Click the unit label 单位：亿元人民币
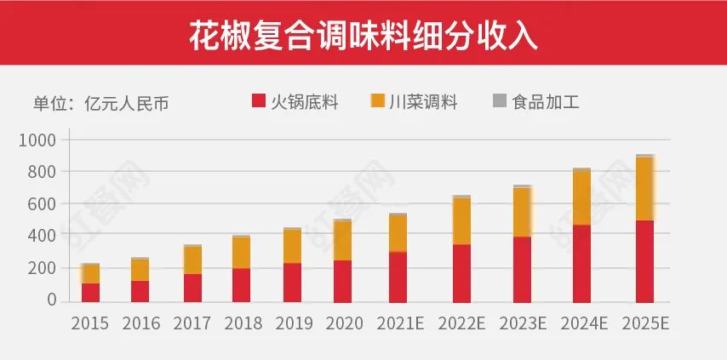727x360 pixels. pyautogui.click(x=100, y=104)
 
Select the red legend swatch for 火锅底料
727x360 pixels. pyautogui.click(x=260, y=102)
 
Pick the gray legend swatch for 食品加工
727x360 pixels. pyautogui.click(x=500, y=101)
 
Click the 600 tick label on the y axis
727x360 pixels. pyautogui.click(x=42, y=204)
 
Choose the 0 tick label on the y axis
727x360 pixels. pyautogui.click(x=52, y=300)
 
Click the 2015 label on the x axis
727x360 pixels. pyautogui.click(x=90, y=324)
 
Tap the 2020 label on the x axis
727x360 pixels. pyautogui.click(x=343, y=324)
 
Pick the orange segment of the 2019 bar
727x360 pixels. pyautogui.click(x=292, y=246)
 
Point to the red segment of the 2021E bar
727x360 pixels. pyautogui.click(x=398, y=277)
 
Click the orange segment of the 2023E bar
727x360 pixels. pyautogui.click(x=523, y=212)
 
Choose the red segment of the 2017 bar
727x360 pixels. pyautogui.click(x=192, y=288)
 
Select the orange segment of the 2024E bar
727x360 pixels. pyautogui.click(x=581, y=197)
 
